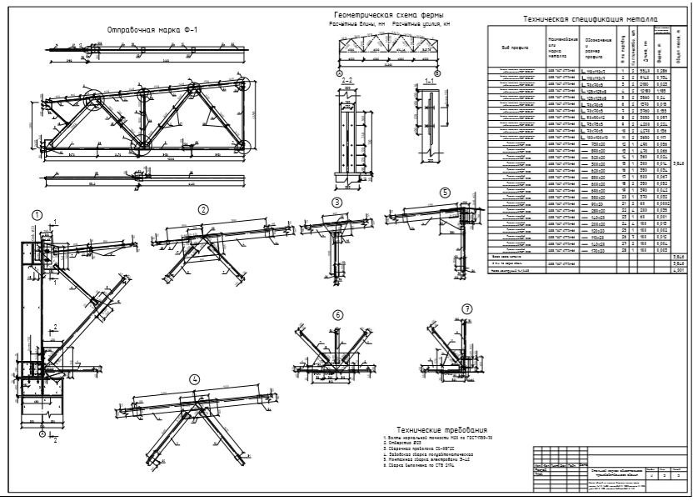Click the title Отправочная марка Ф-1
pos(151,30)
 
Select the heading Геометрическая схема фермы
pos(389,16)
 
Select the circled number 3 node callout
pos(337,203)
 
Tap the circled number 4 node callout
pos(194,379)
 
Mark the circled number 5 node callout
pos(445,192)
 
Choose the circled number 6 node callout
pos(337,315)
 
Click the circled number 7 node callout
pos(467,308)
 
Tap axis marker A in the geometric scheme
pos(339,73)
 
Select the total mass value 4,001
pos(679,270)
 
